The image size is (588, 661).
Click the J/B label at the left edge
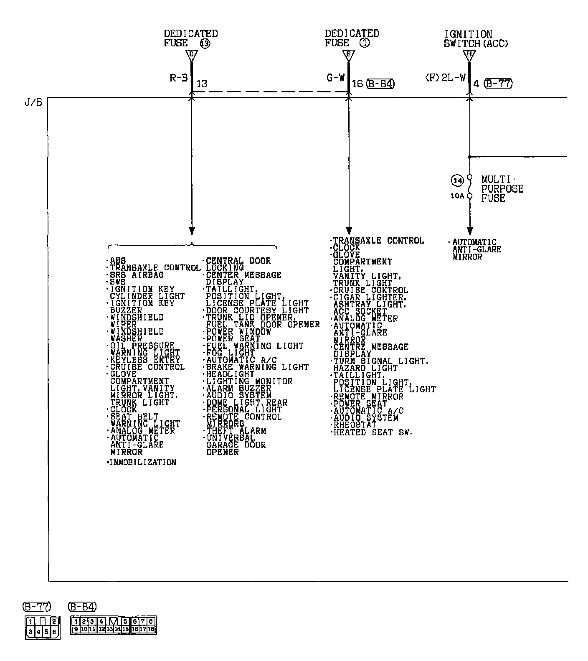click(33, 102)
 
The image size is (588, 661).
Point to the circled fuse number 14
click(457, 181)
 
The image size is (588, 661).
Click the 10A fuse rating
click(457, 196)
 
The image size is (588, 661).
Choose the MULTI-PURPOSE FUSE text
click(502, 188)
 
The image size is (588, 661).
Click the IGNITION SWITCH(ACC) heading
click(476, 39)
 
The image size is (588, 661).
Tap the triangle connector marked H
click(469, 55)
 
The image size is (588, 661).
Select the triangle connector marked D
click(192, 54)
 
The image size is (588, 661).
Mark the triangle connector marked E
click(349, 54)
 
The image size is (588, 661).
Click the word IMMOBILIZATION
click(142, 462)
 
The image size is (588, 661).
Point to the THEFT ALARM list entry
click(236, 431)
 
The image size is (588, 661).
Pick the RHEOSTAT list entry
click(355, 425)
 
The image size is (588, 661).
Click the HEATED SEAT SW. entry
click(373, 432)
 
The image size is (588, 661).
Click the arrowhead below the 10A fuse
click(469, 231)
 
